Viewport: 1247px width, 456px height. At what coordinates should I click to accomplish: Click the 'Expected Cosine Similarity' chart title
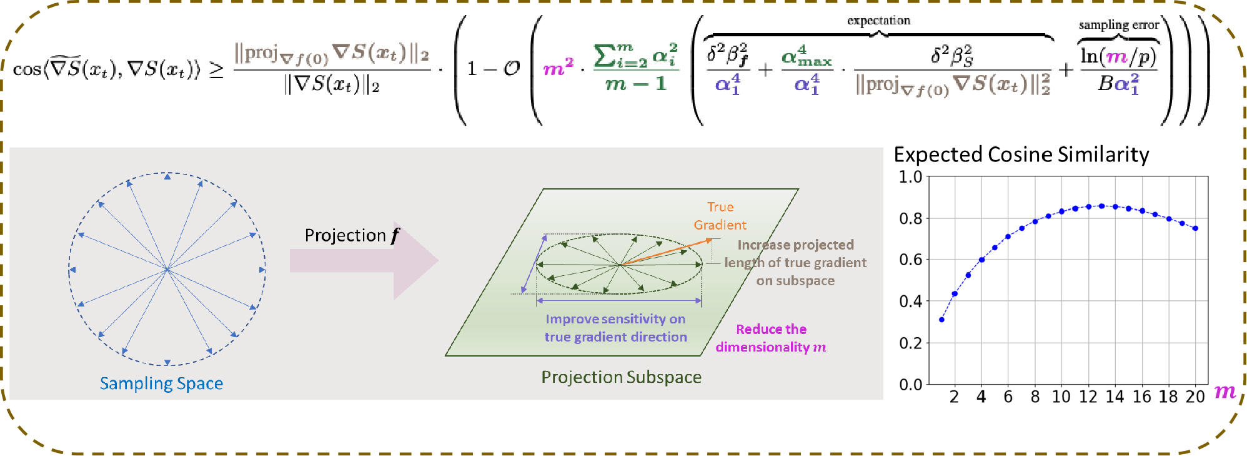point(1021,155)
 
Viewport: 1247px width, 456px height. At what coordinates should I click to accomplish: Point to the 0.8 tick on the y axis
point(910,218)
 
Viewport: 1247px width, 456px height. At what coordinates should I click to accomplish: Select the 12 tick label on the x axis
point(1088,397)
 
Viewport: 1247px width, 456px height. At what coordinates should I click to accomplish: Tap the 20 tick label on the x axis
point(1195,397)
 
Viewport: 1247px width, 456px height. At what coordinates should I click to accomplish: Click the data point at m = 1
point(941,320)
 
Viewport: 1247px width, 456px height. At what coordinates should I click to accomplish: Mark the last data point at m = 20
point(1195,228)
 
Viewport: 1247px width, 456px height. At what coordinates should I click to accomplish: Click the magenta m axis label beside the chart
point(1225,392)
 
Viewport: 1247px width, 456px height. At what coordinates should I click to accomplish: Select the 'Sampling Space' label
point(161,383)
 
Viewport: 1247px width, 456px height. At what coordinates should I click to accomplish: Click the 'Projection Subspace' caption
point(621,377)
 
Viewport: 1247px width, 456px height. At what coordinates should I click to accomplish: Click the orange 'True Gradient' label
point(720,216)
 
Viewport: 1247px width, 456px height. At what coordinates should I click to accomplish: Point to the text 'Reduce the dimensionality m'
point(771,338)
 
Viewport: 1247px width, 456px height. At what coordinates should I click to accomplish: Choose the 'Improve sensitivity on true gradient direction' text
point(615,328)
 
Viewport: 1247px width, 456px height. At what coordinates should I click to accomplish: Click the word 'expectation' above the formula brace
point(878,21)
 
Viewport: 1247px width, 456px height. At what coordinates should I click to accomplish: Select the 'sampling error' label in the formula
point(1118,25)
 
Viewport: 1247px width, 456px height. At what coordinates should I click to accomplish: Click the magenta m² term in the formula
point(558,66)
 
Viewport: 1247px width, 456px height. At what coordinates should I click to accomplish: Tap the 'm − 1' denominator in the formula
point(635,84)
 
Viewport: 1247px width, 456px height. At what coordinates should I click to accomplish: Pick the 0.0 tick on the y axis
point(910,385)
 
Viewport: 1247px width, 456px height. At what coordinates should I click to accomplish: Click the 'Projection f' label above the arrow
point(352,235)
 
